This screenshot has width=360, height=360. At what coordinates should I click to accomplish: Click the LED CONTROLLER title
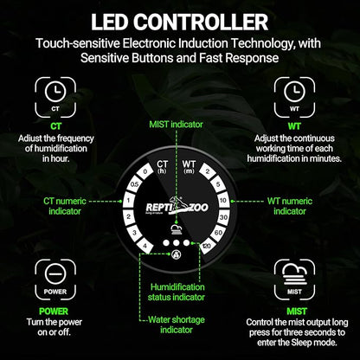tap(179, 22)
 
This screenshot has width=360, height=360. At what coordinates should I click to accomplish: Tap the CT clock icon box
tap(55, 97)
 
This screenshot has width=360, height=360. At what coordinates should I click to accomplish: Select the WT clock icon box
tap(294, 97)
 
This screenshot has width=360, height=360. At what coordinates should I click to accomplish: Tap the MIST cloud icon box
tap(294, 280)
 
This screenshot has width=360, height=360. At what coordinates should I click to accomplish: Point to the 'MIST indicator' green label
tap(176, 125)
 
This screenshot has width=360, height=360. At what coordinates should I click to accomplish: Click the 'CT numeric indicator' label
tap(65, 206)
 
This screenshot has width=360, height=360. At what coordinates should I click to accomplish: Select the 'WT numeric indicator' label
tap(290, 206)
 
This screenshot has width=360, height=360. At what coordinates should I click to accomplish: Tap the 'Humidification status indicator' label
tap(177, 292)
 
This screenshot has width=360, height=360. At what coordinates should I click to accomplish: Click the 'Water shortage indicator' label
tap(177, 325)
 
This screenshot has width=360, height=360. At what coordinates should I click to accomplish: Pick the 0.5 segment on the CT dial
tap(134, 184)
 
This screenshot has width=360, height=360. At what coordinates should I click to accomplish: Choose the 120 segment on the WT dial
tap(207, 246)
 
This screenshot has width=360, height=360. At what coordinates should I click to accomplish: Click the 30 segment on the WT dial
tap(223, 217)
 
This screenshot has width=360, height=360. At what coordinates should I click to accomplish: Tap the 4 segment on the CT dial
tap(145, 246)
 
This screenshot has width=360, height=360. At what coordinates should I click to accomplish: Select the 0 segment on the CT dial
tap(145, 171)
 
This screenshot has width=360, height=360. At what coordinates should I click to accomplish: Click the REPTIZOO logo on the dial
tap(177, 207)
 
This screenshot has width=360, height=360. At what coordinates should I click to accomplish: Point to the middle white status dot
tap(176, 242)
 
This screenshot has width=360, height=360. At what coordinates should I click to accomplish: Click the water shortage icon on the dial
tap(176, 254)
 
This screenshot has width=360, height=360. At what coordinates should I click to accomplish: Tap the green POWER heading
tap(54, 312)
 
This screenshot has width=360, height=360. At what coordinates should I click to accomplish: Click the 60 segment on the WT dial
tap(218, 233)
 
